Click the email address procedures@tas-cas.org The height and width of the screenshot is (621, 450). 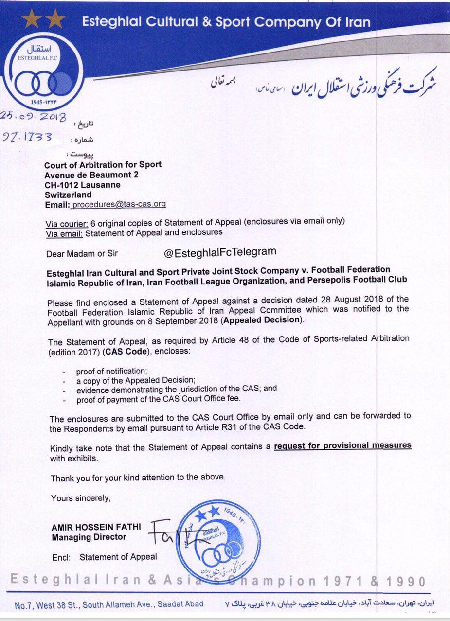coord(118,205)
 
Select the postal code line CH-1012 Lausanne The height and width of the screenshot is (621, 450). coord(82,185)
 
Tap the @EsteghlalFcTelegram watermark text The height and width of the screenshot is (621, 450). coord(220,251)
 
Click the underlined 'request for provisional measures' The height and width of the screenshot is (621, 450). coord(342,445)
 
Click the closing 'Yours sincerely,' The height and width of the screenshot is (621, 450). coord(81,498)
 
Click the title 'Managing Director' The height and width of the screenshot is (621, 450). coord(89,537)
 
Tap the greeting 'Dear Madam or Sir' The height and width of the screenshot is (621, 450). coord(82,253)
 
